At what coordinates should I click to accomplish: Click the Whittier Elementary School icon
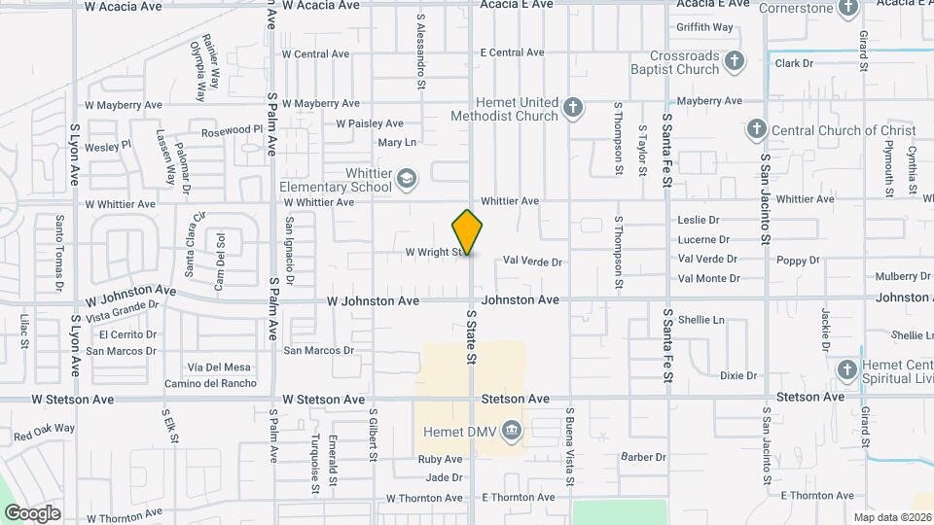(406, 178)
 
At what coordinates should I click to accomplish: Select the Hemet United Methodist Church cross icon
(574, 107)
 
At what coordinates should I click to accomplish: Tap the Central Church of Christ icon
(756, 129)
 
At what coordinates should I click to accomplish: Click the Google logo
(32, 513)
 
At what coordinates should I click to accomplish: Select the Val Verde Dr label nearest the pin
(533, 262)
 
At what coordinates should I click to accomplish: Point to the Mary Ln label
(397, 143)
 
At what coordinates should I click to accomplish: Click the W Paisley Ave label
(370, 123)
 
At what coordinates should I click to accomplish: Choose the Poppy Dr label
(798, 261)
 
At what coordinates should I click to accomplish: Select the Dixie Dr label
(738, 375)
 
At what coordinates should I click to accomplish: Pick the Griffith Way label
(705, 27)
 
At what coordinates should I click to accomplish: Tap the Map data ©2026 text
(892, 516)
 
